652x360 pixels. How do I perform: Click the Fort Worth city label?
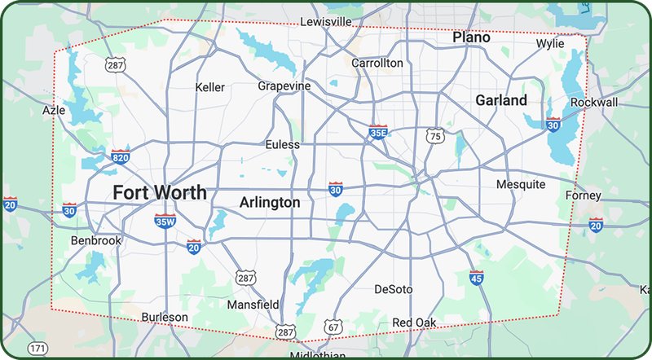160,193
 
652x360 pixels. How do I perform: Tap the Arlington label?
270,202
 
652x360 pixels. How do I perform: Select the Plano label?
471,37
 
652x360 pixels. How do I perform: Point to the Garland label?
500,100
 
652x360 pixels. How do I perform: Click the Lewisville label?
326,21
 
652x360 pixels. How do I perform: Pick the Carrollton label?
377,63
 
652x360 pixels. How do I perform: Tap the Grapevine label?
284,86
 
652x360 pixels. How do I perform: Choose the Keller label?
211,87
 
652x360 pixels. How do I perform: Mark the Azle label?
55,109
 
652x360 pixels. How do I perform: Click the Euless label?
283,144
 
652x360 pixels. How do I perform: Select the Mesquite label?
521,184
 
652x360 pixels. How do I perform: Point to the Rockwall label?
594,103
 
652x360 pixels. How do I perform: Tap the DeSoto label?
393,289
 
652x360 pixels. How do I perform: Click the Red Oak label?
414,323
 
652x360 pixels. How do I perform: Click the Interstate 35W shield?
165,220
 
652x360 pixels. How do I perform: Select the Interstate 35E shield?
378,132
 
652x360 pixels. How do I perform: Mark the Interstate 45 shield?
476,278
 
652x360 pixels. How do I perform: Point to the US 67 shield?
333,327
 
